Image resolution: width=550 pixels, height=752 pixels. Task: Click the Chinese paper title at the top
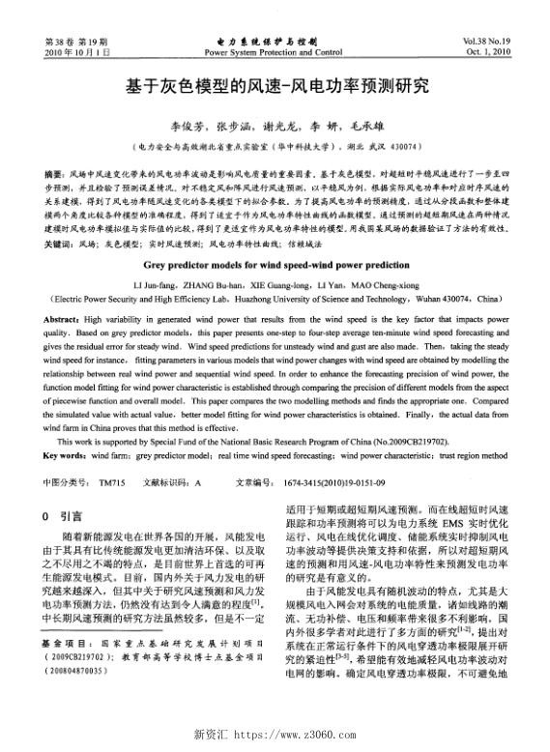[x=275, y=86]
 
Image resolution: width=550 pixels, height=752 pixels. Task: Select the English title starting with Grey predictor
[x=275, y=235]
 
